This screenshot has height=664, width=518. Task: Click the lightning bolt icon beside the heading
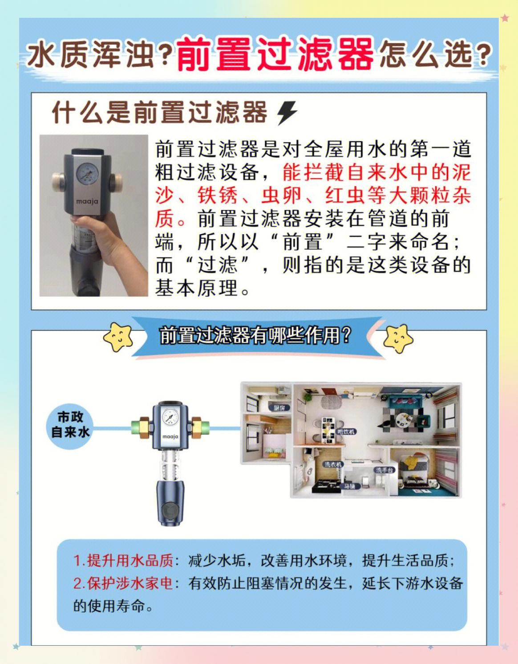click(287, 113)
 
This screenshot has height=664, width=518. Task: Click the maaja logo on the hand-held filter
click(87, 201)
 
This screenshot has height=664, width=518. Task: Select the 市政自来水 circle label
click(70, 425)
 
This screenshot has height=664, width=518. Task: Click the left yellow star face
click(118, 337)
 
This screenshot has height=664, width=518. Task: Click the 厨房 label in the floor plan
click(279, 407)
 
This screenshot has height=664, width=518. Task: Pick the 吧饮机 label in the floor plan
click(346, 432)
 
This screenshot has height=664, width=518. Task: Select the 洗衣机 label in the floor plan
click(333, 464)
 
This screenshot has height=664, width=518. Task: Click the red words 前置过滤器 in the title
click(275, 54)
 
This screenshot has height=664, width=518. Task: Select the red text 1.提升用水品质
click(123, 560)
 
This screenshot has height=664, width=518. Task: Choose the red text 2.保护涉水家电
click(123, 583)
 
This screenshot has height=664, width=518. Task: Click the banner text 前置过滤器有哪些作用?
click(255, 335)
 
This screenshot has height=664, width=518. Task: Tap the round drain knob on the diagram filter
click(170, 509)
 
